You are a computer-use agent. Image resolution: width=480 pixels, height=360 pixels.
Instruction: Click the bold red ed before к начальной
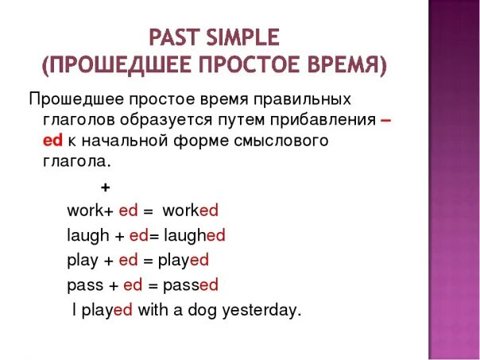coord(53,140)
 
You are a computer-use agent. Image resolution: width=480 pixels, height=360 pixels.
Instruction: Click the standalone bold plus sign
coord(105,188)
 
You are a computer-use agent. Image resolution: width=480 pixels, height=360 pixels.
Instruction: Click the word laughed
coord(194,235)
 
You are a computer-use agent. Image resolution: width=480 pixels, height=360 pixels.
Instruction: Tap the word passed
coord(190,285)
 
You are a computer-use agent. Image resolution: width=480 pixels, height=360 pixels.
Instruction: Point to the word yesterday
coord(261,310)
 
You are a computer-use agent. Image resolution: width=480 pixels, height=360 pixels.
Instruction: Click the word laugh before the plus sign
coord(87,235)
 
